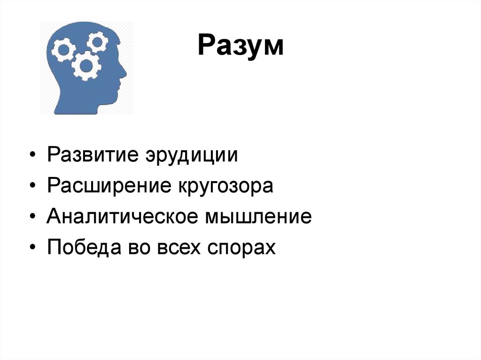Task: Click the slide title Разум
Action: coord(240,47)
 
